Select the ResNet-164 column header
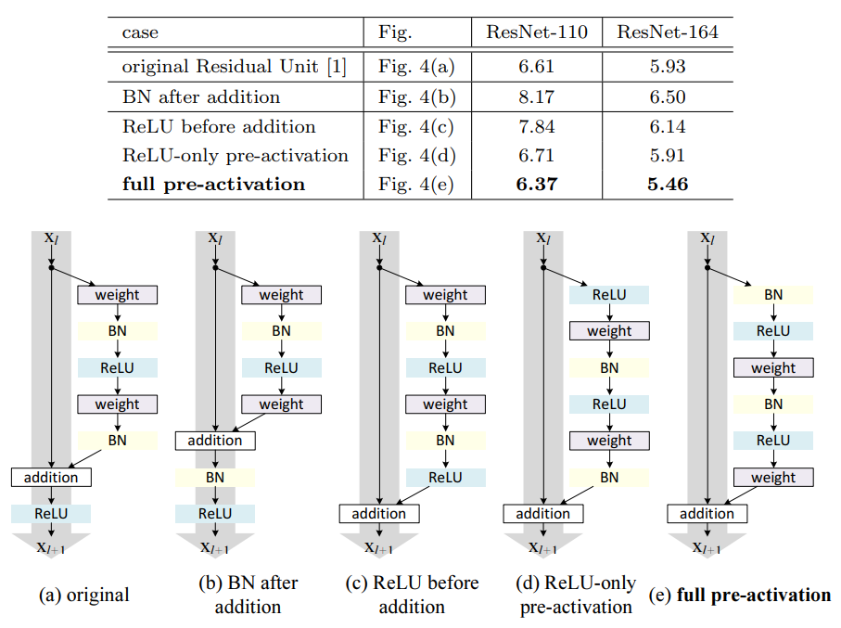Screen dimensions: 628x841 coord(667,32)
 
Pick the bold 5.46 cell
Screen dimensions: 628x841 coord(667,184)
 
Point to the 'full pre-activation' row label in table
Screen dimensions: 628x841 coord(213,184)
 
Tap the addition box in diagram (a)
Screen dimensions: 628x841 coord(51,477)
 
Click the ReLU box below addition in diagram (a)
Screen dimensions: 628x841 coord(51,513)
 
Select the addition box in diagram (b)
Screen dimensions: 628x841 coord(215,441)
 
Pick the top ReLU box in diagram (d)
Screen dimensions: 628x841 coord(609,295)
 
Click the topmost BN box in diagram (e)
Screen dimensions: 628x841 coord(773,295)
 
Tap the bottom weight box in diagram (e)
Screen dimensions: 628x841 coord(773,477)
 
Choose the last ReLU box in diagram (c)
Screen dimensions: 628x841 coord(445,477)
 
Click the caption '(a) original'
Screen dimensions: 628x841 coord(83,595)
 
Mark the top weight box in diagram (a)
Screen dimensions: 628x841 coord(118,295)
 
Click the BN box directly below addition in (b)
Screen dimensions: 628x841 coord(215,477)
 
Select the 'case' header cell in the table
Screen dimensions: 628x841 coord(140,32)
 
